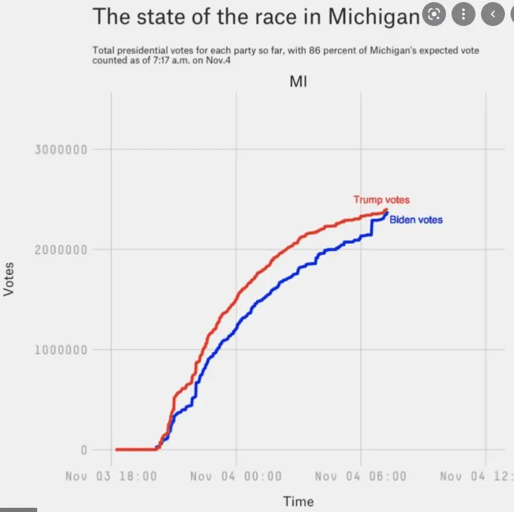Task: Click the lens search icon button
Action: (x=435, y=14)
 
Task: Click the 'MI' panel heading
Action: (x=299, y=81)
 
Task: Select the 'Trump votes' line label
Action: (x=381, y=201)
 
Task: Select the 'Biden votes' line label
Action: (x=416, y=220)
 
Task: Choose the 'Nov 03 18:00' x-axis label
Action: (x=111, y=477)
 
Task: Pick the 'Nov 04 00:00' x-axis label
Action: (x=236, y=477)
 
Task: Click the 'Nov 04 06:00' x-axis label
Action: (x=360, y=477)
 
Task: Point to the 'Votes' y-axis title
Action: (x=9, y=279)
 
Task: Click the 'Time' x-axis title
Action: (x=298, y=501)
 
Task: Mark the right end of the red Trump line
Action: (x=386, y=210)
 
